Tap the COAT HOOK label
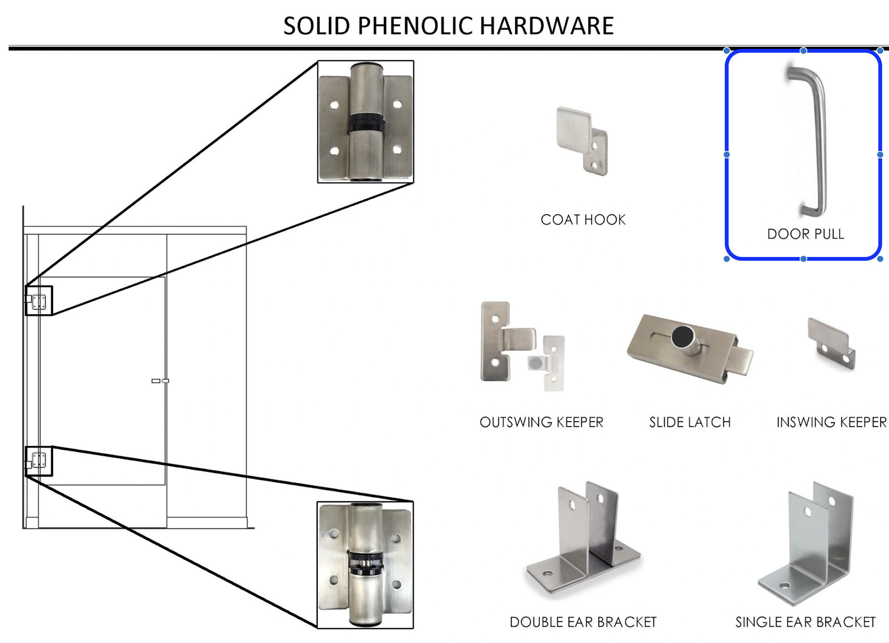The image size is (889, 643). tap(583, 220)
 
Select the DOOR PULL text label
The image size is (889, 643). tap(805, 234)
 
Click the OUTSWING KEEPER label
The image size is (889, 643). tap(541, 422)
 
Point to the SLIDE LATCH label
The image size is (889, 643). tap(690, 422)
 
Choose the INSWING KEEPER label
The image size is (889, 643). tap(831, 422)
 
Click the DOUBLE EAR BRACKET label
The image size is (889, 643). tap(583, 622)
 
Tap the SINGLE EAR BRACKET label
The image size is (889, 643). tap(805, 622)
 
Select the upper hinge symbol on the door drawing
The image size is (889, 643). tap(39, 302)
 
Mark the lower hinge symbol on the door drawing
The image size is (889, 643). tap(39, 460)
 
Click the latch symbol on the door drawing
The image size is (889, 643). tap(160, 381)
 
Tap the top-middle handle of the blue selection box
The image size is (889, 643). tap(803, 50)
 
